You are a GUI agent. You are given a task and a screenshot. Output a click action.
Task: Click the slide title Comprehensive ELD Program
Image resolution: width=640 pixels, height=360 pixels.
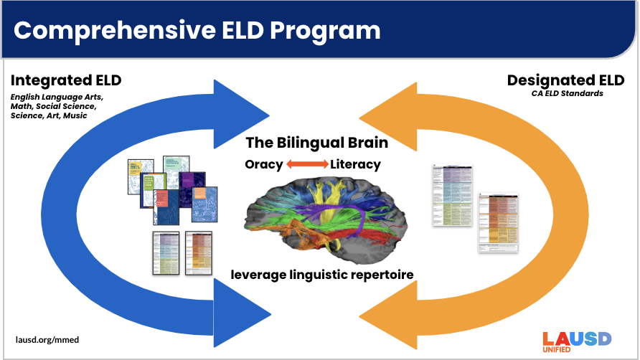[197, 29]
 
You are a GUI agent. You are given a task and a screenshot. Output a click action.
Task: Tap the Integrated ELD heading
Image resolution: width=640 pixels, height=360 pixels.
[67, 80]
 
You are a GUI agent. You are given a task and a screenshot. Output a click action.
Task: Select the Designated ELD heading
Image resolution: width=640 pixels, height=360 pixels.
[565, 80]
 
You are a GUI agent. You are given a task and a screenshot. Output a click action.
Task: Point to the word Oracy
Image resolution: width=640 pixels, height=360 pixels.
[263, 164]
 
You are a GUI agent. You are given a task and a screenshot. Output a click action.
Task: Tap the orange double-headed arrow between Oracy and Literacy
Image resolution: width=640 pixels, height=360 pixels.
[307, 164]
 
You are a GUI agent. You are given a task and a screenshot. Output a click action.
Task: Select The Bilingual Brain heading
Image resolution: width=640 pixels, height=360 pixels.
[316, 142]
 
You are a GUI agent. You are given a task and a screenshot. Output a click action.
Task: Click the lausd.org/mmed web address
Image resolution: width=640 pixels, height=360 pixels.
[47, 338]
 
